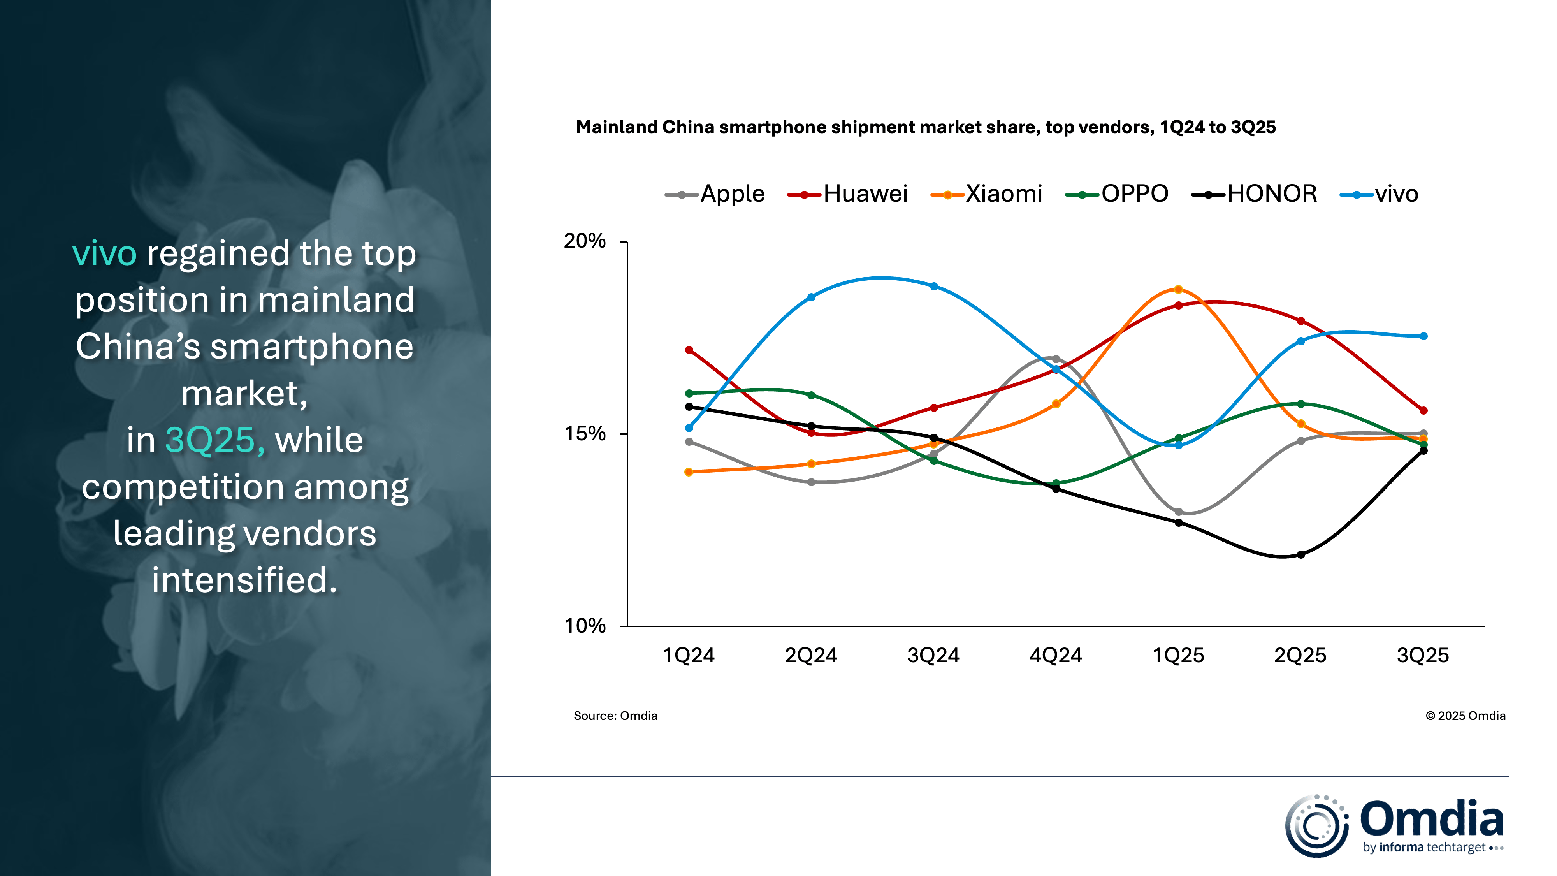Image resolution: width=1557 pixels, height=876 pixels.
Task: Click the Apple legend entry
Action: pyautogui.click(x=716, y=194)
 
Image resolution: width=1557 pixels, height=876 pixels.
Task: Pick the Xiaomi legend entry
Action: pyautogui.click(x=987, y=194)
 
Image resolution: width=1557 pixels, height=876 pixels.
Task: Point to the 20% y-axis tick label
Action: pyautogui.click(x=585, y=241)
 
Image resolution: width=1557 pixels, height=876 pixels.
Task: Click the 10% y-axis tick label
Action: pyautogui.click(x=585, y=626)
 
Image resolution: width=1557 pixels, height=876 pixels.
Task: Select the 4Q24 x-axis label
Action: pyautogui.click(x=1055, y=655)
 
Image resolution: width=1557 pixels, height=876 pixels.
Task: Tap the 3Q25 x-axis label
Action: pyautogui.click(x=1423, y=655)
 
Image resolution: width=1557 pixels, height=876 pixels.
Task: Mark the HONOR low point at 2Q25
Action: pyautogui.click(x=1301, y=554)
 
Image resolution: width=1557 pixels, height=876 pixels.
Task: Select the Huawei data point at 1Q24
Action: pyautogui.click(x=689, y=350)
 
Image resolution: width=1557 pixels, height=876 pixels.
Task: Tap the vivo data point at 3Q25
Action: pyautogui.click(x=1423, y=336)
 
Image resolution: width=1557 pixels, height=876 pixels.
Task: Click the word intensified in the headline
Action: pyautogui.click(x=244, y=580)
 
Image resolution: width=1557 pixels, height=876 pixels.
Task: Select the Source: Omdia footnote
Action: pyautogui.click(x=615, y=716)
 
